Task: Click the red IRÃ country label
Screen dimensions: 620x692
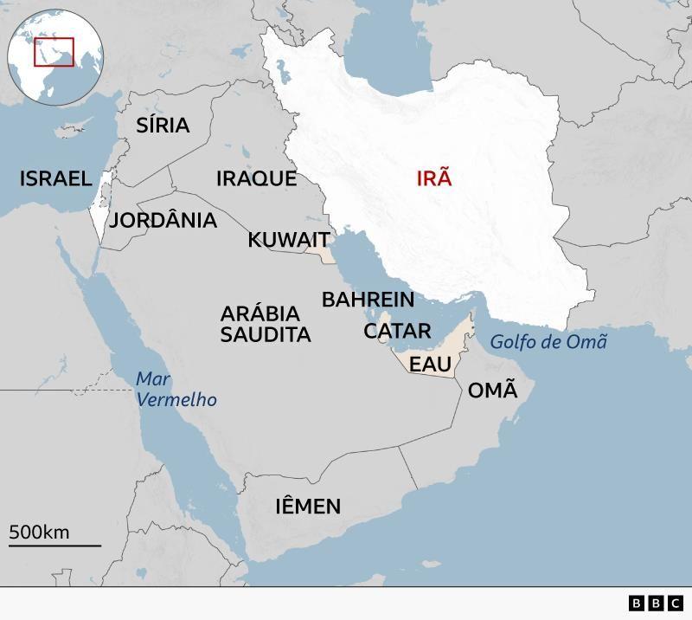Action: (434, 179)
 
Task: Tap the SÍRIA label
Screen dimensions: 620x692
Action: (163, 126)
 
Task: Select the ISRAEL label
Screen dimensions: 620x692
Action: (55, 179)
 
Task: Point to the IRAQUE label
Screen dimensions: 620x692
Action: (256, 179)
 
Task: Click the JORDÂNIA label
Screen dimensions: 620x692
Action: (163, 221)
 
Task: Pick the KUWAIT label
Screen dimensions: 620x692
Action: (289, 240)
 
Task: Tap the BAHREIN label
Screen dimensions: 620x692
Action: (368, 300)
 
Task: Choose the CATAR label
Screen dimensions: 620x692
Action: (397, 331)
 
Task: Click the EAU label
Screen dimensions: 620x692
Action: (430, 365)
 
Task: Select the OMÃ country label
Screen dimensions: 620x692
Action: (492, 391)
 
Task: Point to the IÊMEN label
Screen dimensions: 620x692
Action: (308, 507)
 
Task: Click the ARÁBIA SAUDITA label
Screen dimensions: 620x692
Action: (266, 324)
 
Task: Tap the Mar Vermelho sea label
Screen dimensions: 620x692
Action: (176, 390)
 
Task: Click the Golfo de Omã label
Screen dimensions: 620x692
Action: (548, 342)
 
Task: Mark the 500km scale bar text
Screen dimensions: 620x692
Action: (39, 532)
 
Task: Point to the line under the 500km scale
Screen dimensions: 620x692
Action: (54, 546)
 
